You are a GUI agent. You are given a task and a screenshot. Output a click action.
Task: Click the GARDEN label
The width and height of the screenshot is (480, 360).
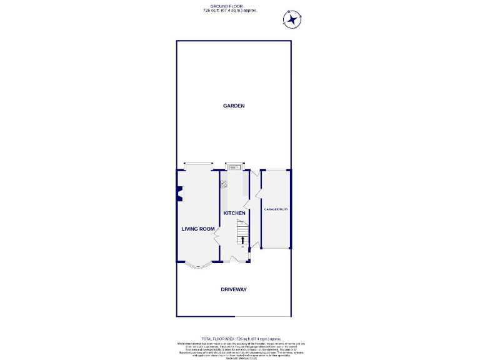[x=234, y=106]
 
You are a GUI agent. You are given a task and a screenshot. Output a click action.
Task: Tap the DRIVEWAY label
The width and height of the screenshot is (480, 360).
[x=234, y=289]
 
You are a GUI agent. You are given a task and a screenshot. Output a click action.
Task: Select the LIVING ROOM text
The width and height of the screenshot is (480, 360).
[x=197, y=229]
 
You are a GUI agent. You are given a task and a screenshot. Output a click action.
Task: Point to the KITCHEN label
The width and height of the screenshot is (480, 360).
[x=234, y=213]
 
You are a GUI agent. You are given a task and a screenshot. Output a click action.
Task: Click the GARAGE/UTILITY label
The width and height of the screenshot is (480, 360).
[x=276, y=209]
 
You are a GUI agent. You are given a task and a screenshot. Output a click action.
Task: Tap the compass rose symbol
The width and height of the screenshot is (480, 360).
[x=292, y=20]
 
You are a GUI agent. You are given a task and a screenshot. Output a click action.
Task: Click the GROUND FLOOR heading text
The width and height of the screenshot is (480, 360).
[x=229, y=6]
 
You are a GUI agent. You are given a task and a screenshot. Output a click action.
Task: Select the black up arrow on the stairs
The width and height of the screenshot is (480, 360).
[x=242, y=239]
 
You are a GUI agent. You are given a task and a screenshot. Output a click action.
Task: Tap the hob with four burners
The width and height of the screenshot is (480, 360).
[x=223, y=183]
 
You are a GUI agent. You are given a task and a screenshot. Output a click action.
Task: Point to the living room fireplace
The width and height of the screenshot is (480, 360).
[x=179, y=194]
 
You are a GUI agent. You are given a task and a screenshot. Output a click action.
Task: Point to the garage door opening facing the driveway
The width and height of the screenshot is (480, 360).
[x=276, y=248]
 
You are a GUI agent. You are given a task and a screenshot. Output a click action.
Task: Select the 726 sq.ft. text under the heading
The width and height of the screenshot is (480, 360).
[x=229, y=11]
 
